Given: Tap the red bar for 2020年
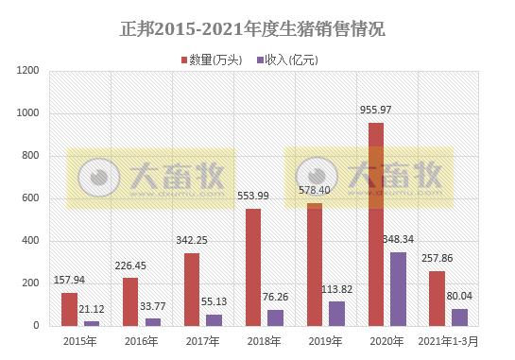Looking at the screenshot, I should pos(375,224).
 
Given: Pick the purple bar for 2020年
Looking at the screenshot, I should pos(398,288).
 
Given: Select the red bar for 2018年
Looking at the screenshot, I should pos(253,266).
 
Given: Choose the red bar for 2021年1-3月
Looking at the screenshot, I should pos(437,298).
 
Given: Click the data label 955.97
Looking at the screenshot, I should pos(376,111).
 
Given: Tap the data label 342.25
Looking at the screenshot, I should pos(192,241).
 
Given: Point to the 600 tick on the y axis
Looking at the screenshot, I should pos(30,198).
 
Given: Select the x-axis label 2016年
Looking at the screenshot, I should pos(141,340).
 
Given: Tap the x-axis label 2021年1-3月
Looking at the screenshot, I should pos(448,340).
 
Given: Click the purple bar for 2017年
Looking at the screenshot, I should pos(214,319).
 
